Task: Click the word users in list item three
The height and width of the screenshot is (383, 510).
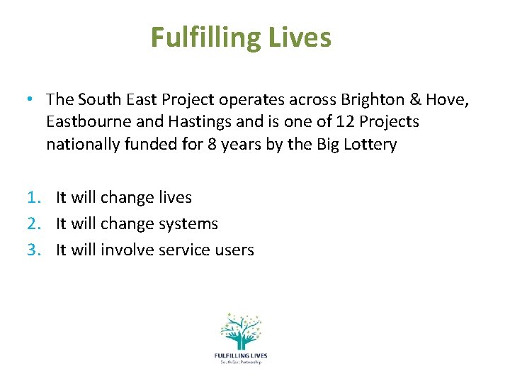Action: coord(232,250)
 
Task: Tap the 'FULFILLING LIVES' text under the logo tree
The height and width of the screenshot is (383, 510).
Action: coord(240,355)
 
